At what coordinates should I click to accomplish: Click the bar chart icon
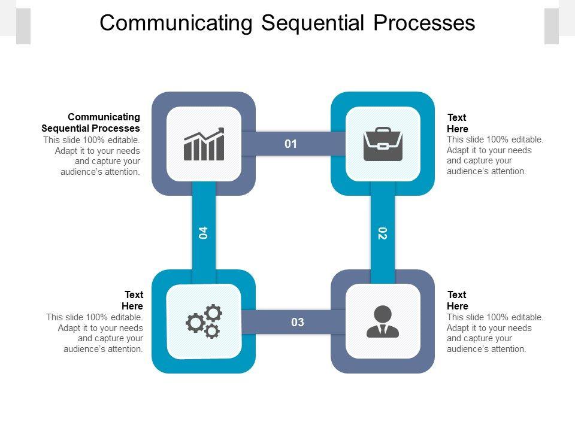tap(204, 144)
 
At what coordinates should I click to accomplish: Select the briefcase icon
tap(383, 144)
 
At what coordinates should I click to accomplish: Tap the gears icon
tap(204, 321)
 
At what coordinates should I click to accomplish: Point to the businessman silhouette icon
tap(383, 321)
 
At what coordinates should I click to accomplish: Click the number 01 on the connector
tap(291, 144)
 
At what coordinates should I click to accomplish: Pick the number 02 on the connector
tap(383, 233)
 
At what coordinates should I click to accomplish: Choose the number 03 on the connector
tap(298, 322)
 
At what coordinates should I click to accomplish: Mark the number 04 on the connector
tap(203, 233)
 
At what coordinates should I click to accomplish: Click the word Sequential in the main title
tap(313, 23)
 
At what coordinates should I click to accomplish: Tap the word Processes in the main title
tap(424, 23)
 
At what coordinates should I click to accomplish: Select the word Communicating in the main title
tap(176, 23)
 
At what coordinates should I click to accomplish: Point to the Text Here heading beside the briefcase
tap(458, 123)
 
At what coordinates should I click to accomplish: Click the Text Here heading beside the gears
tap(132, 300)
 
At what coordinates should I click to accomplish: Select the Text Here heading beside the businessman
tap(458, 300)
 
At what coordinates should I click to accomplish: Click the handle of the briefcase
tap(383, 130)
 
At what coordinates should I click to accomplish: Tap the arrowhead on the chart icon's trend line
tap(221, 130)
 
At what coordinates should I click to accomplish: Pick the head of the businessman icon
tap(383, 314)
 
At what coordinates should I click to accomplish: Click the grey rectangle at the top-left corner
tap(23, 26)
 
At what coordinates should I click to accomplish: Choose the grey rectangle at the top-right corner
tap(552, 26)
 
